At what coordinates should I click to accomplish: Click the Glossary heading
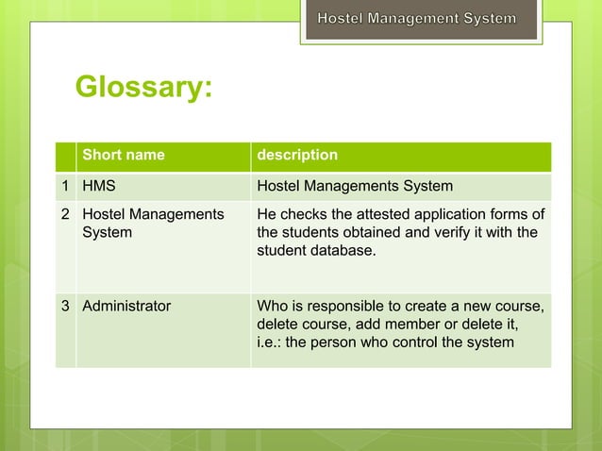(x=143, y=88)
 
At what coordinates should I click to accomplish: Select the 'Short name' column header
(x=124, y=155)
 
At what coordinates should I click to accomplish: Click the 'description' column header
(x=297, y=155)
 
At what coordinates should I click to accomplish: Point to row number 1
(x=66, y=186)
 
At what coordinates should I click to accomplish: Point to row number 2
(x=66, y=214)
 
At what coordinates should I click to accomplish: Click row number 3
(x=66, y=306)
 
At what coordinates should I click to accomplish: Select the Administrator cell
(x=126, y=306)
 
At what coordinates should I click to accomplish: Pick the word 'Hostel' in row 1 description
(x=279, y=186)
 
